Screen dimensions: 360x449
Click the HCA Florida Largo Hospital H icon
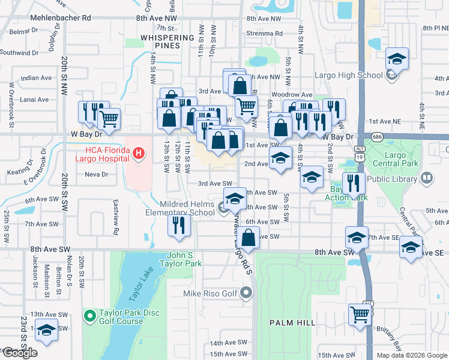click(x=139, y=154)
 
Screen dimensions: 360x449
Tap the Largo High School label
click(x=349, y=75)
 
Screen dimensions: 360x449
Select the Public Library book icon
click(x=427, y=178)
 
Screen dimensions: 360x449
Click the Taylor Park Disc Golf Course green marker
click(x=90, y=314)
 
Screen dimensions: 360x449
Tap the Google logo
click(x=20, y=353)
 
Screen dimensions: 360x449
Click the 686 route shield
click(x=377, y=137)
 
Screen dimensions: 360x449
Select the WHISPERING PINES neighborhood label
click(x=167, y=41)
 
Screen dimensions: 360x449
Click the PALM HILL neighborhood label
click(x=292, y=323)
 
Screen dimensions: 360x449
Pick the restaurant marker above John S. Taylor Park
click(x=179, y=225)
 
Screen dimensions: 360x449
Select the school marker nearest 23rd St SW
click(x=46, y=330)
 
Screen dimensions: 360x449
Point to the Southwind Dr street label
click(x=19, y=53)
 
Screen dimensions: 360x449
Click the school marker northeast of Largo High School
click(x=396, y=59)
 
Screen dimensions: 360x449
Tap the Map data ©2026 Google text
click(x=411, y=355)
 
